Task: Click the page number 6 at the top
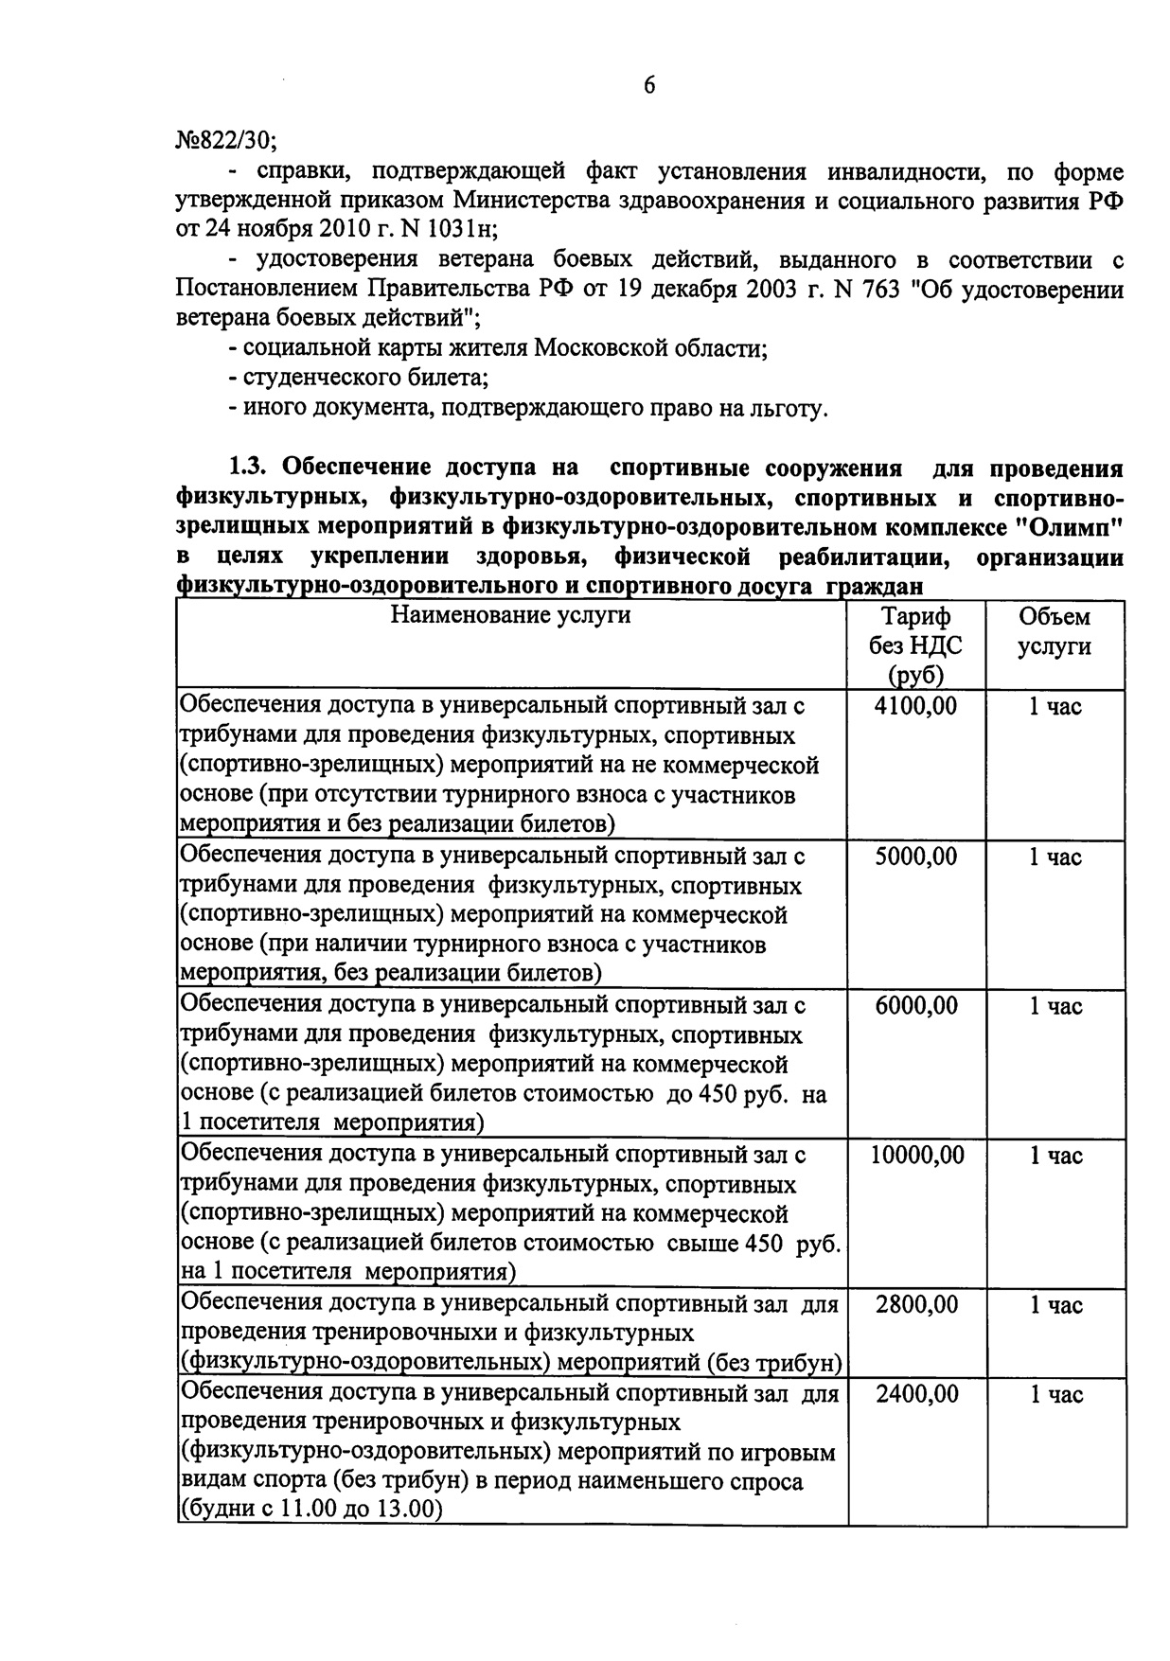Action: (x=649, y=85)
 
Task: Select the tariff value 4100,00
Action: (x=915, y=706)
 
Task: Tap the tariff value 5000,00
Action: (x=915, y=857)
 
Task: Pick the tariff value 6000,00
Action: (x=915, y=1005)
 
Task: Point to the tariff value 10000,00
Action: (x=916, y=1155)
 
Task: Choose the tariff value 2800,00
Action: (x=916, y=1305)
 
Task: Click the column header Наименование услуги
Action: (x=510, y=616)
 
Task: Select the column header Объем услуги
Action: (x=1055, y=631)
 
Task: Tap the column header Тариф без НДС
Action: (x=915, y=645)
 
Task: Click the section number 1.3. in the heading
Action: (x=250, y=468)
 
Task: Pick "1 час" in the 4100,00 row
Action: (x=1055, y=707)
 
